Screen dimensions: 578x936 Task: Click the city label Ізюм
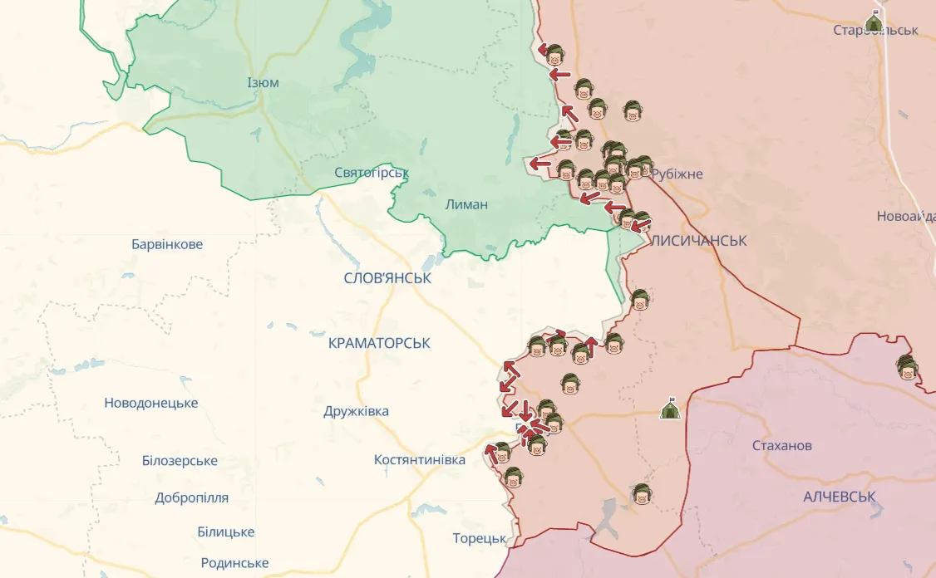click(263, 83)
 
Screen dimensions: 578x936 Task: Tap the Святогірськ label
click(372, 173)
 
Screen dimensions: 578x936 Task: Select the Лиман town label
click(466, 204)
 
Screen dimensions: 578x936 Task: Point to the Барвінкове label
click(167, 244)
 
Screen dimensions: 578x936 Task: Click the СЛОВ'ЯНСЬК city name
click(387, 278)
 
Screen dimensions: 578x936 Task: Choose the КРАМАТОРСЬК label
click(379, 343)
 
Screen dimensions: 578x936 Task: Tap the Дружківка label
click(356, 411)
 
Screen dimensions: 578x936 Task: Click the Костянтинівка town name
click(420, 459)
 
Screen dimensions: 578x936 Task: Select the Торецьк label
click(480, 538)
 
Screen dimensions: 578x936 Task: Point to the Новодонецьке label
click(150, 403)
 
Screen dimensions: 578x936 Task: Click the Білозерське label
click(180, 461)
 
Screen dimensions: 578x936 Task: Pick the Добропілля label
click(191, 498)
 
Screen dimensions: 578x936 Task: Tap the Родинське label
click(234, 563)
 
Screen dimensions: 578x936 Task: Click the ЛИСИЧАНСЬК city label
click(698, 241)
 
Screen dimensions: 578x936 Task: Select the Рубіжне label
click(677, 174)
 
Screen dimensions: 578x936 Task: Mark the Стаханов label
click(781, 446)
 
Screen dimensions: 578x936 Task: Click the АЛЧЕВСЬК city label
click(840, 497)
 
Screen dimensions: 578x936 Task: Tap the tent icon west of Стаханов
click(670, 409)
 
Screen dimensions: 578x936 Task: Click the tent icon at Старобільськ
click(873, 21)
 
